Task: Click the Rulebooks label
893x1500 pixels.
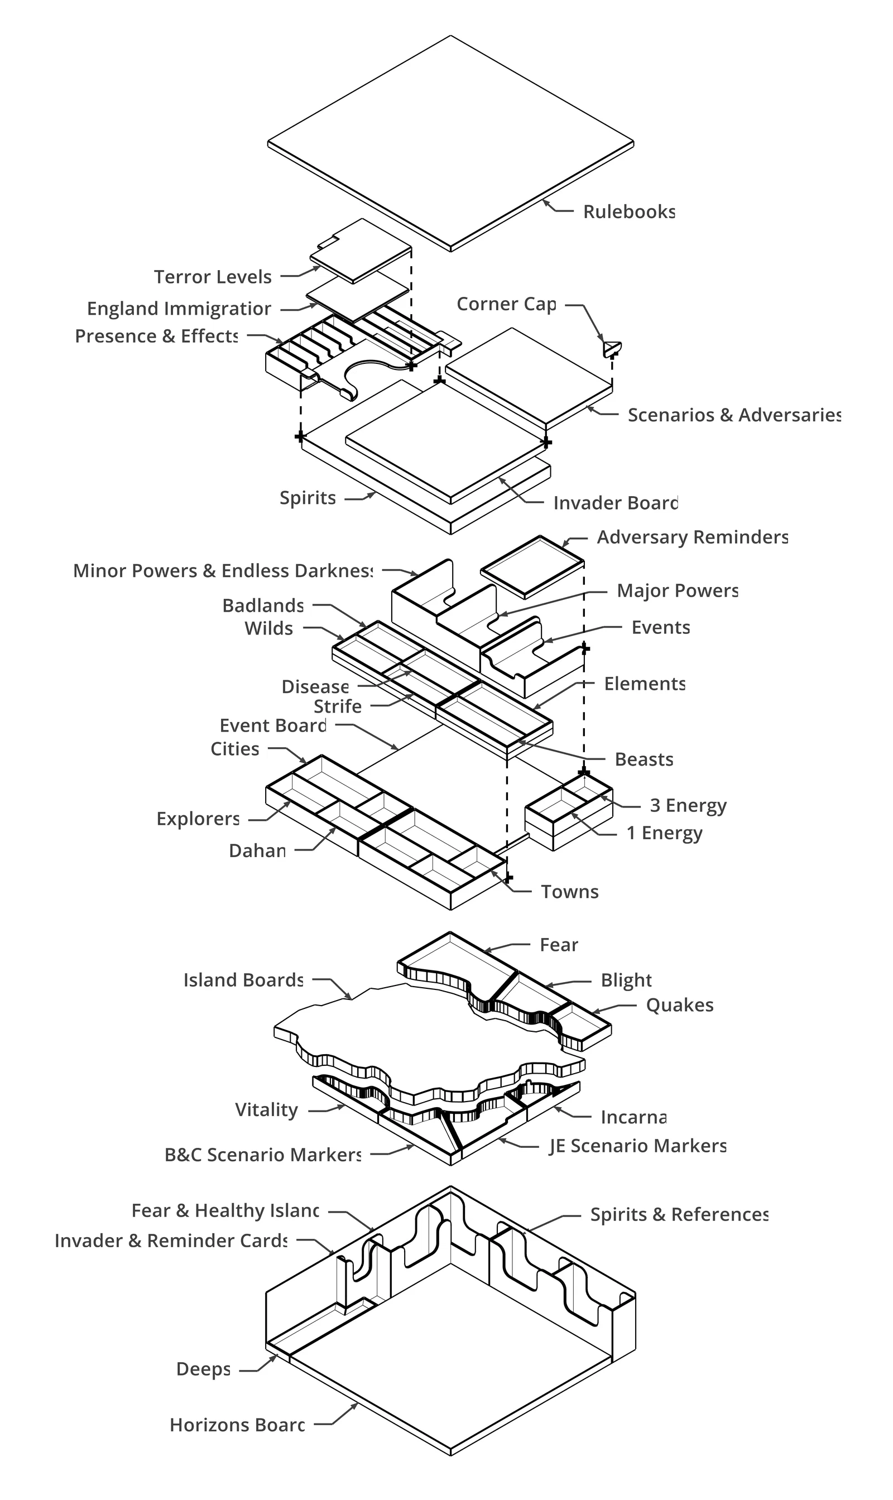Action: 629,212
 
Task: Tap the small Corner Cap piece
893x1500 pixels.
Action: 611,348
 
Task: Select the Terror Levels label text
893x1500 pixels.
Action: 213,277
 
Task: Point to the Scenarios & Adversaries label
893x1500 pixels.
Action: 734,415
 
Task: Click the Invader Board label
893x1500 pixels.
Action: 615,503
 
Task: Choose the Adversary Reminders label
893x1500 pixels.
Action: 692,537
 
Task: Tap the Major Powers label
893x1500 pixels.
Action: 678,591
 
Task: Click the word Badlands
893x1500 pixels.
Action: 262,605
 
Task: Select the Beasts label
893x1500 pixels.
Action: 644,759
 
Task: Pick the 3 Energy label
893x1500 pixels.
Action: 688,806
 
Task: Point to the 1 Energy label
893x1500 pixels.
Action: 664,833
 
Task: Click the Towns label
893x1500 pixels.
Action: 569,892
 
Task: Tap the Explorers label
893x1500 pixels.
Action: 198,819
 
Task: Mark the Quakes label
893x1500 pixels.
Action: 679,1006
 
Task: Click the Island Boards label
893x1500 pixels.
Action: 243,980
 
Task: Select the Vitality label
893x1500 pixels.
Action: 266,1110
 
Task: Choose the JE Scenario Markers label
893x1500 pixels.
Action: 638,1146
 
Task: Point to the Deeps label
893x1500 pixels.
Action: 203,1369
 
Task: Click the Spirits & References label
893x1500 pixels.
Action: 679,1215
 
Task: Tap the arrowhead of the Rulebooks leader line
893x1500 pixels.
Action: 545,203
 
